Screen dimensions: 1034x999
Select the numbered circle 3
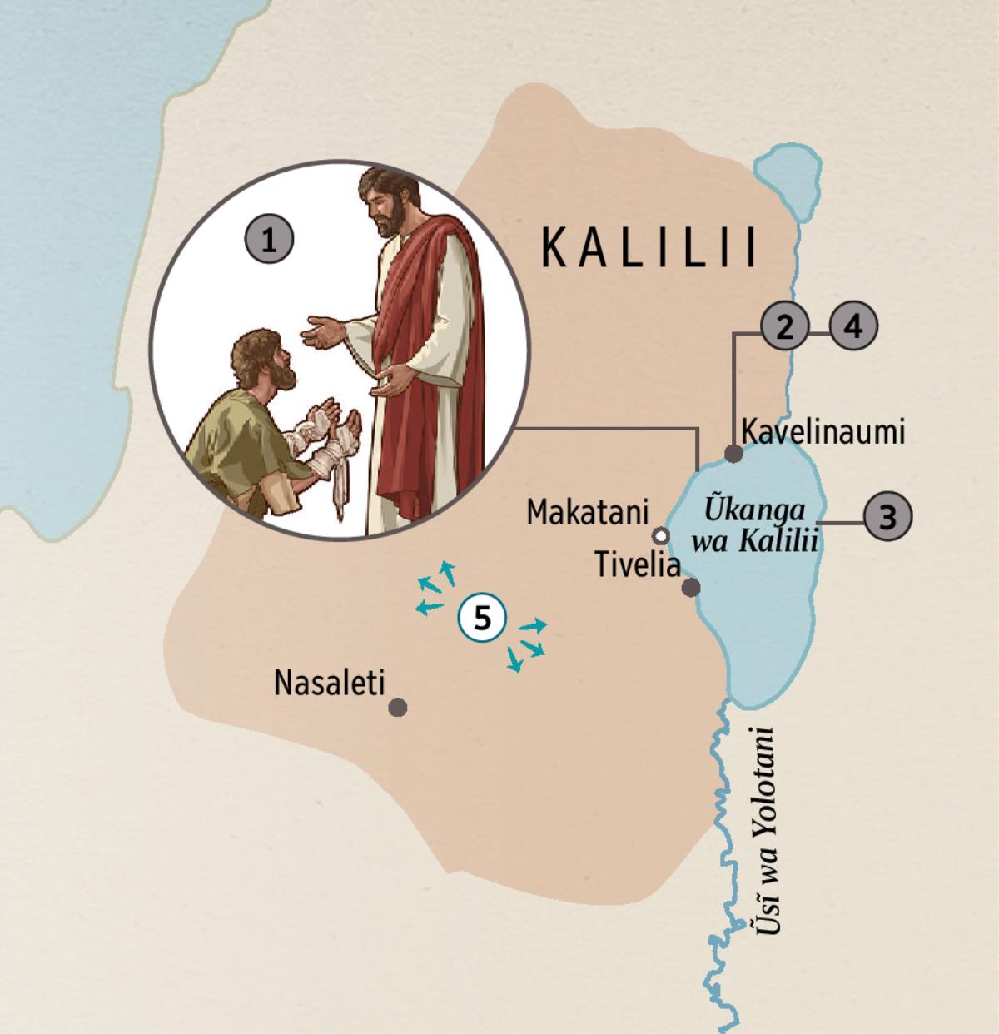pos(887,517)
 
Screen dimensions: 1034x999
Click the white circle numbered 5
pos(481,619)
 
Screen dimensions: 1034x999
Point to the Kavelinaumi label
pos(822,432)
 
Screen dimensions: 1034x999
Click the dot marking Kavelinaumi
pos(733,454)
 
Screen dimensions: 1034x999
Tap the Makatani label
pos(586,512)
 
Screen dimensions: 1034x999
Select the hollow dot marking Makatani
pos(661,534)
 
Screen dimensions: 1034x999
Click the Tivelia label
pos(638,565)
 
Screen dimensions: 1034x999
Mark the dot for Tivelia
pos(690,588)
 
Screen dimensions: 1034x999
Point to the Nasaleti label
pos(330,684)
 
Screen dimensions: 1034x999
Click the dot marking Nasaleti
pos(398,708)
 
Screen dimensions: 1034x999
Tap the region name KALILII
pos(649,247)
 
